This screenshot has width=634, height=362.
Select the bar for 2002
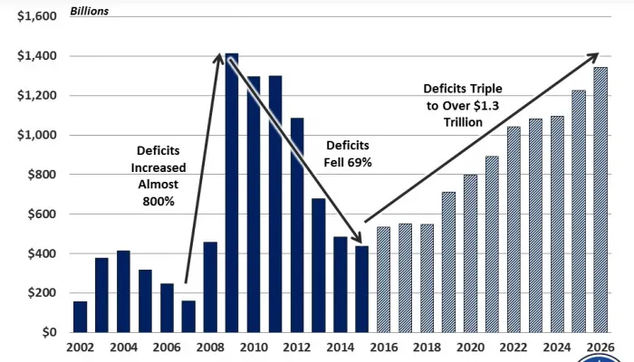80,317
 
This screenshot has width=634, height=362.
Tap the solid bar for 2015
362,289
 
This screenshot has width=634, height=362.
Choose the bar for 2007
188,316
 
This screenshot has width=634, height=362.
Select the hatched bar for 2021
492,243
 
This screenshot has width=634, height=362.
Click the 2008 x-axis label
210,348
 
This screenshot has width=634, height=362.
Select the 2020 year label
470,348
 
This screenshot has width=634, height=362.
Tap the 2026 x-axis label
600,348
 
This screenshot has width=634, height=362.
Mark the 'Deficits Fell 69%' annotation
348,153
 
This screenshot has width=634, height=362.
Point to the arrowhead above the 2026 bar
592,57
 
